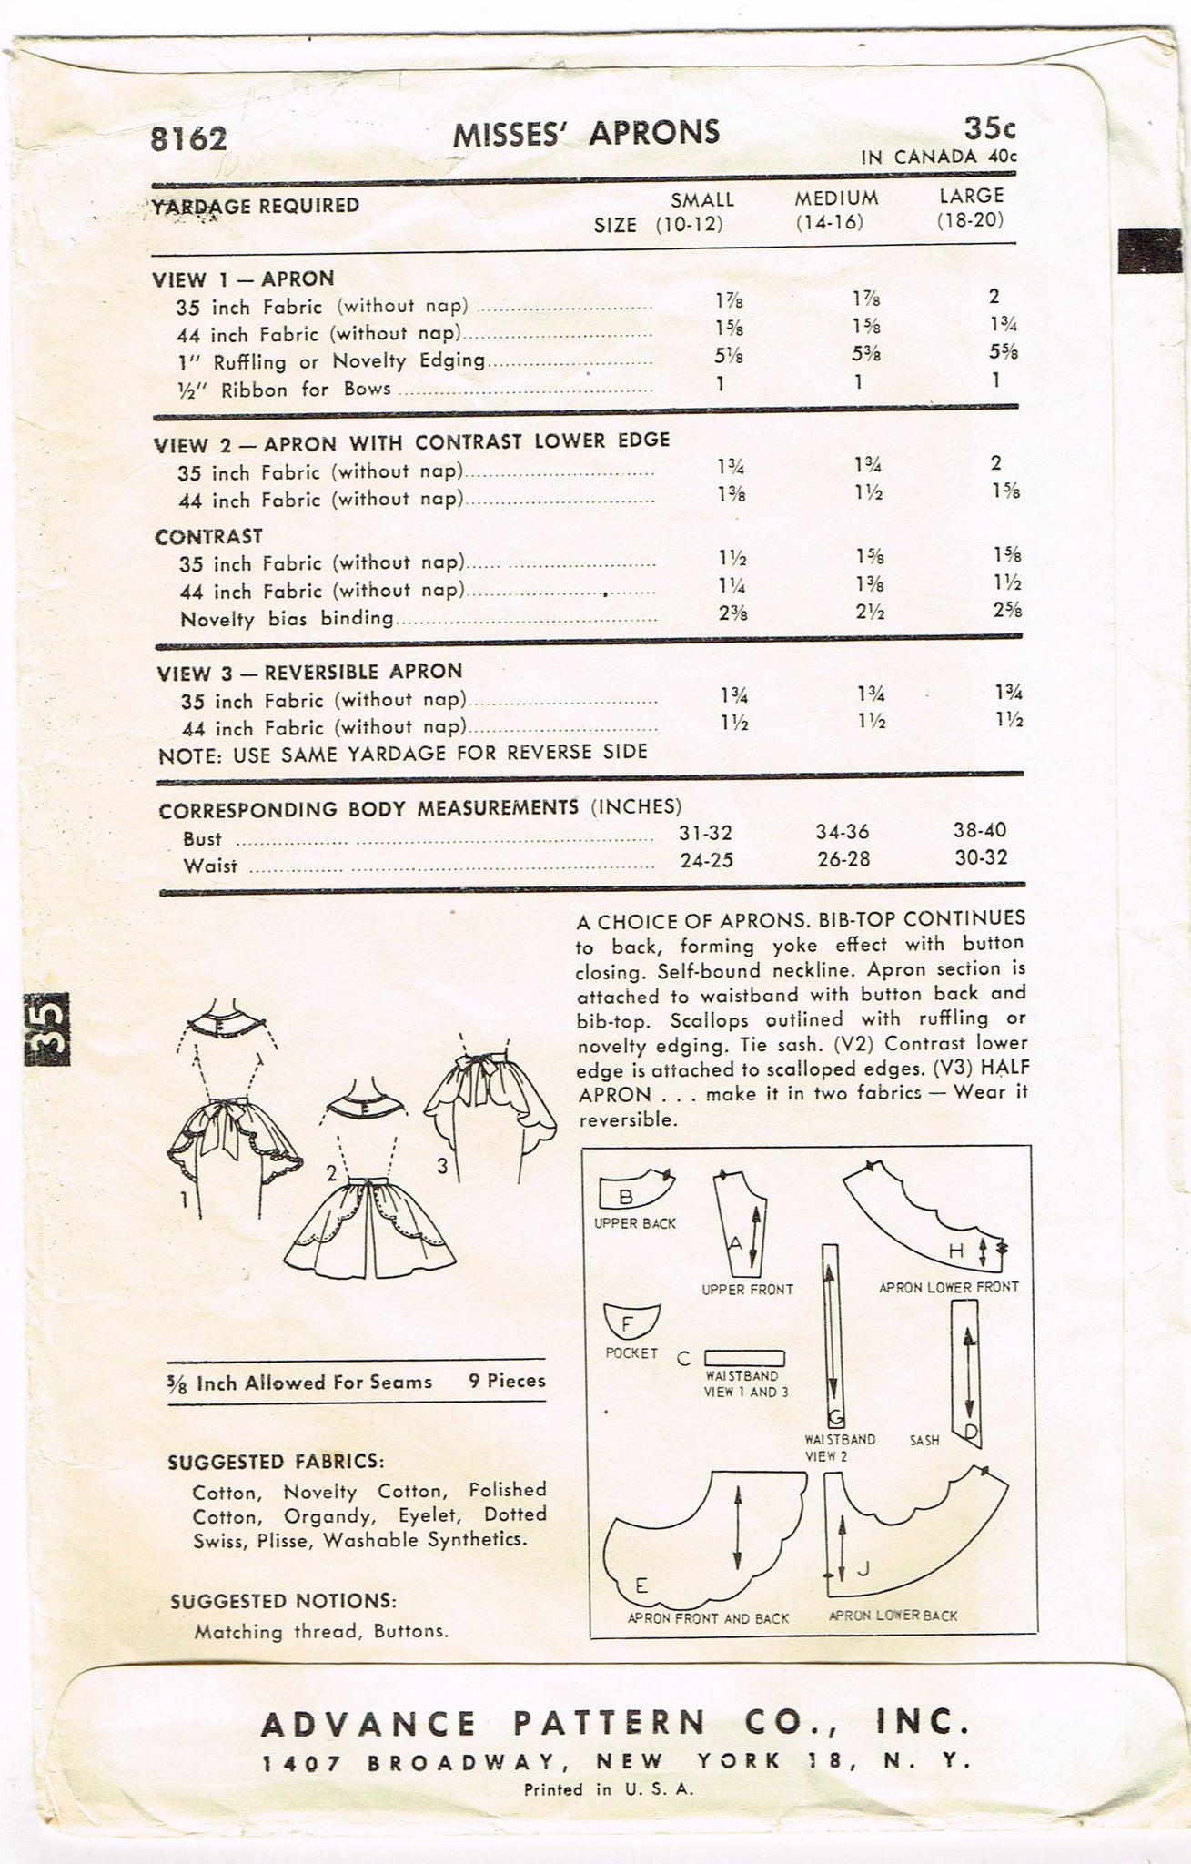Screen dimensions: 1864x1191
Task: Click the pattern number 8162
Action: pyautogui.click(x=189, y=138)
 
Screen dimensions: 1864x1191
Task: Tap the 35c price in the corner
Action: pyautogui.click(x=987, y=127)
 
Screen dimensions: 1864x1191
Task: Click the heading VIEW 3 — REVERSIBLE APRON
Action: pyautogui.click(x=309, y=672)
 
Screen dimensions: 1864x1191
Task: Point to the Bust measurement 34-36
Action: pyautogui.click(x=843, y=832)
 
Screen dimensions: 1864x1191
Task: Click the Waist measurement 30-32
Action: pyautogui.click(x=981, y=857)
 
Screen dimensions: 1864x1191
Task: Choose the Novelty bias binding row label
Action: pyautogui.click(x=287, y=619)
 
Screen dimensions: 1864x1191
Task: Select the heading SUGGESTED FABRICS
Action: pyautogui.click(x=276, y=1462)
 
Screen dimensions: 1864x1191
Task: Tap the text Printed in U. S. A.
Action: pyautogui.click(x=609, y=1788)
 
